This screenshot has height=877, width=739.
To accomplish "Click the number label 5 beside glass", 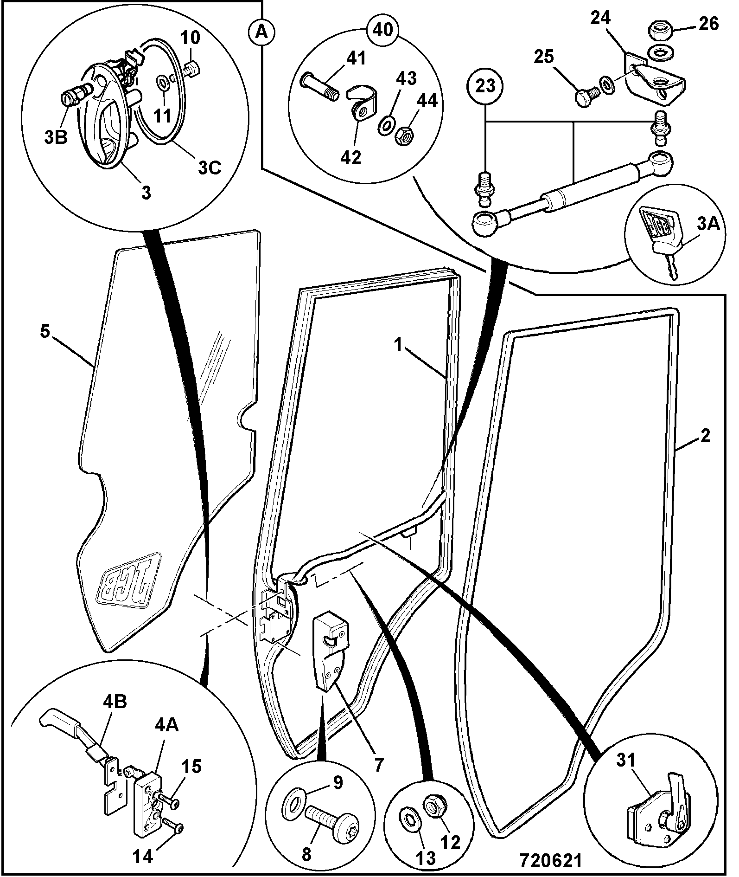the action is [45, 333].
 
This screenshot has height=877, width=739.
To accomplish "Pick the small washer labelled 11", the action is [163, 84].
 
